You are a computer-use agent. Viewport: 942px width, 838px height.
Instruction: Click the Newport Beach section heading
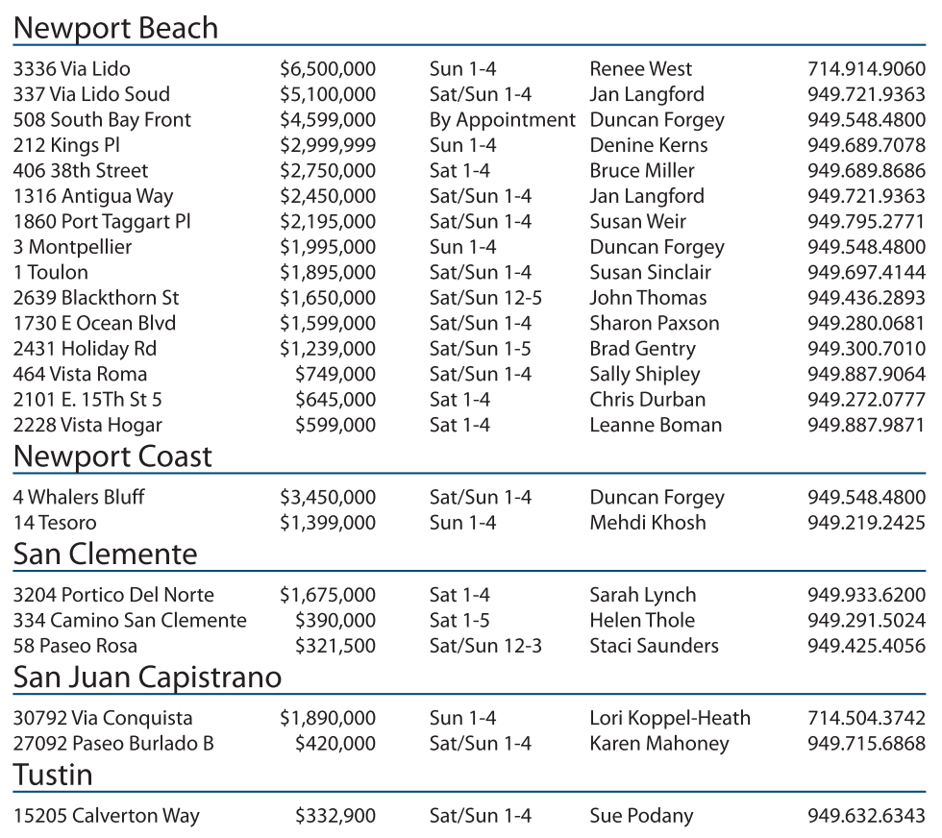[x=115, y=28]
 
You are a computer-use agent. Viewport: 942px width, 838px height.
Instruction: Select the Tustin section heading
[x=53, y=775]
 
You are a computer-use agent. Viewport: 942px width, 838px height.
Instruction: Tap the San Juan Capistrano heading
[x=147, y=678]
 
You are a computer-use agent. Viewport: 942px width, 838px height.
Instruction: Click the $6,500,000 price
[x=328, y=69]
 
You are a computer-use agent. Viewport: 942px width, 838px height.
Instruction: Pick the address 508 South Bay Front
[x=102, y=120]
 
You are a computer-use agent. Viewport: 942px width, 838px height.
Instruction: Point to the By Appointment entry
[x=502, y=120]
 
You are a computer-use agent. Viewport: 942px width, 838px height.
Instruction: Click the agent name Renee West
[x=640, y=69]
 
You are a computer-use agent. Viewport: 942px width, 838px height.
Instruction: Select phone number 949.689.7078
[x=866, y=146]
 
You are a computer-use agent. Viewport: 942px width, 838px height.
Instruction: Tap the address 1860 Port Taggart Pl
[x=102, y=222]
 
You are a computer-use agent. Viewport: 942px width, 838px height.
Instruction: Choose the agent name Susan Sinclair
[x=651, y=273]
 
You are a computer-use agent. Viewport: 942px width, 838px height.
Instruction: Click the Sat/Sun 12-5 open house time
[x=485, y=298]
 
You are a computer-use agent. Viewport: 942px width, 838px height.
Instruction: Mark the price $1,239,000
[x=328, y=349]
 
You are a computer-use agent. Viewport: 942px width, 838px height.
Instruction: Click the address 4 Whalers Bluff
[x=79, y=498]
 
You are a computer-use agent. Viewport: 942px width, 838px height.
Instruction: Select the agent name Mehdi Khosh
[x=648, y=523]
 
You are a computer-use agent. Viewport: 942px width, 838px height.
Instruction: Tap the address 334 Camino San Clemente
[x=130, y=621]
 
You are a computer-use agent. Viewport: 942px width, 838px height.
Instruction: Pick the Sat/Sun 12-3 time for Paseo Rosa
[x=485, y=646]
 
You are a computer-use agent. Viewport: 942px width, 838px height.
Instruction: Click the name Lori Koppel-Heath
[x=670, y=718]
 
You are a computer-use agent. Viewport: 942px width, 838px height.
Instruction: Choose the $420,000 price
[x=335, y=744]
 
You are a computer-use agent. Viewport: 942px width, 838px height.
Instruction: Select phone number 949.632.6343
[x=866, y=817]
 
